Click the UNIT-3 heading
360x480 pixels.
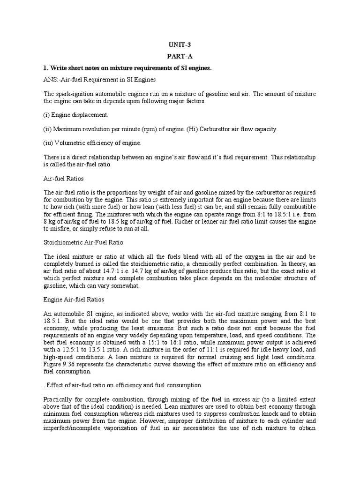(x=180, y=45)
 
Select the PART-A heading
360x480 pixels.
(x=180, y=57)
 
